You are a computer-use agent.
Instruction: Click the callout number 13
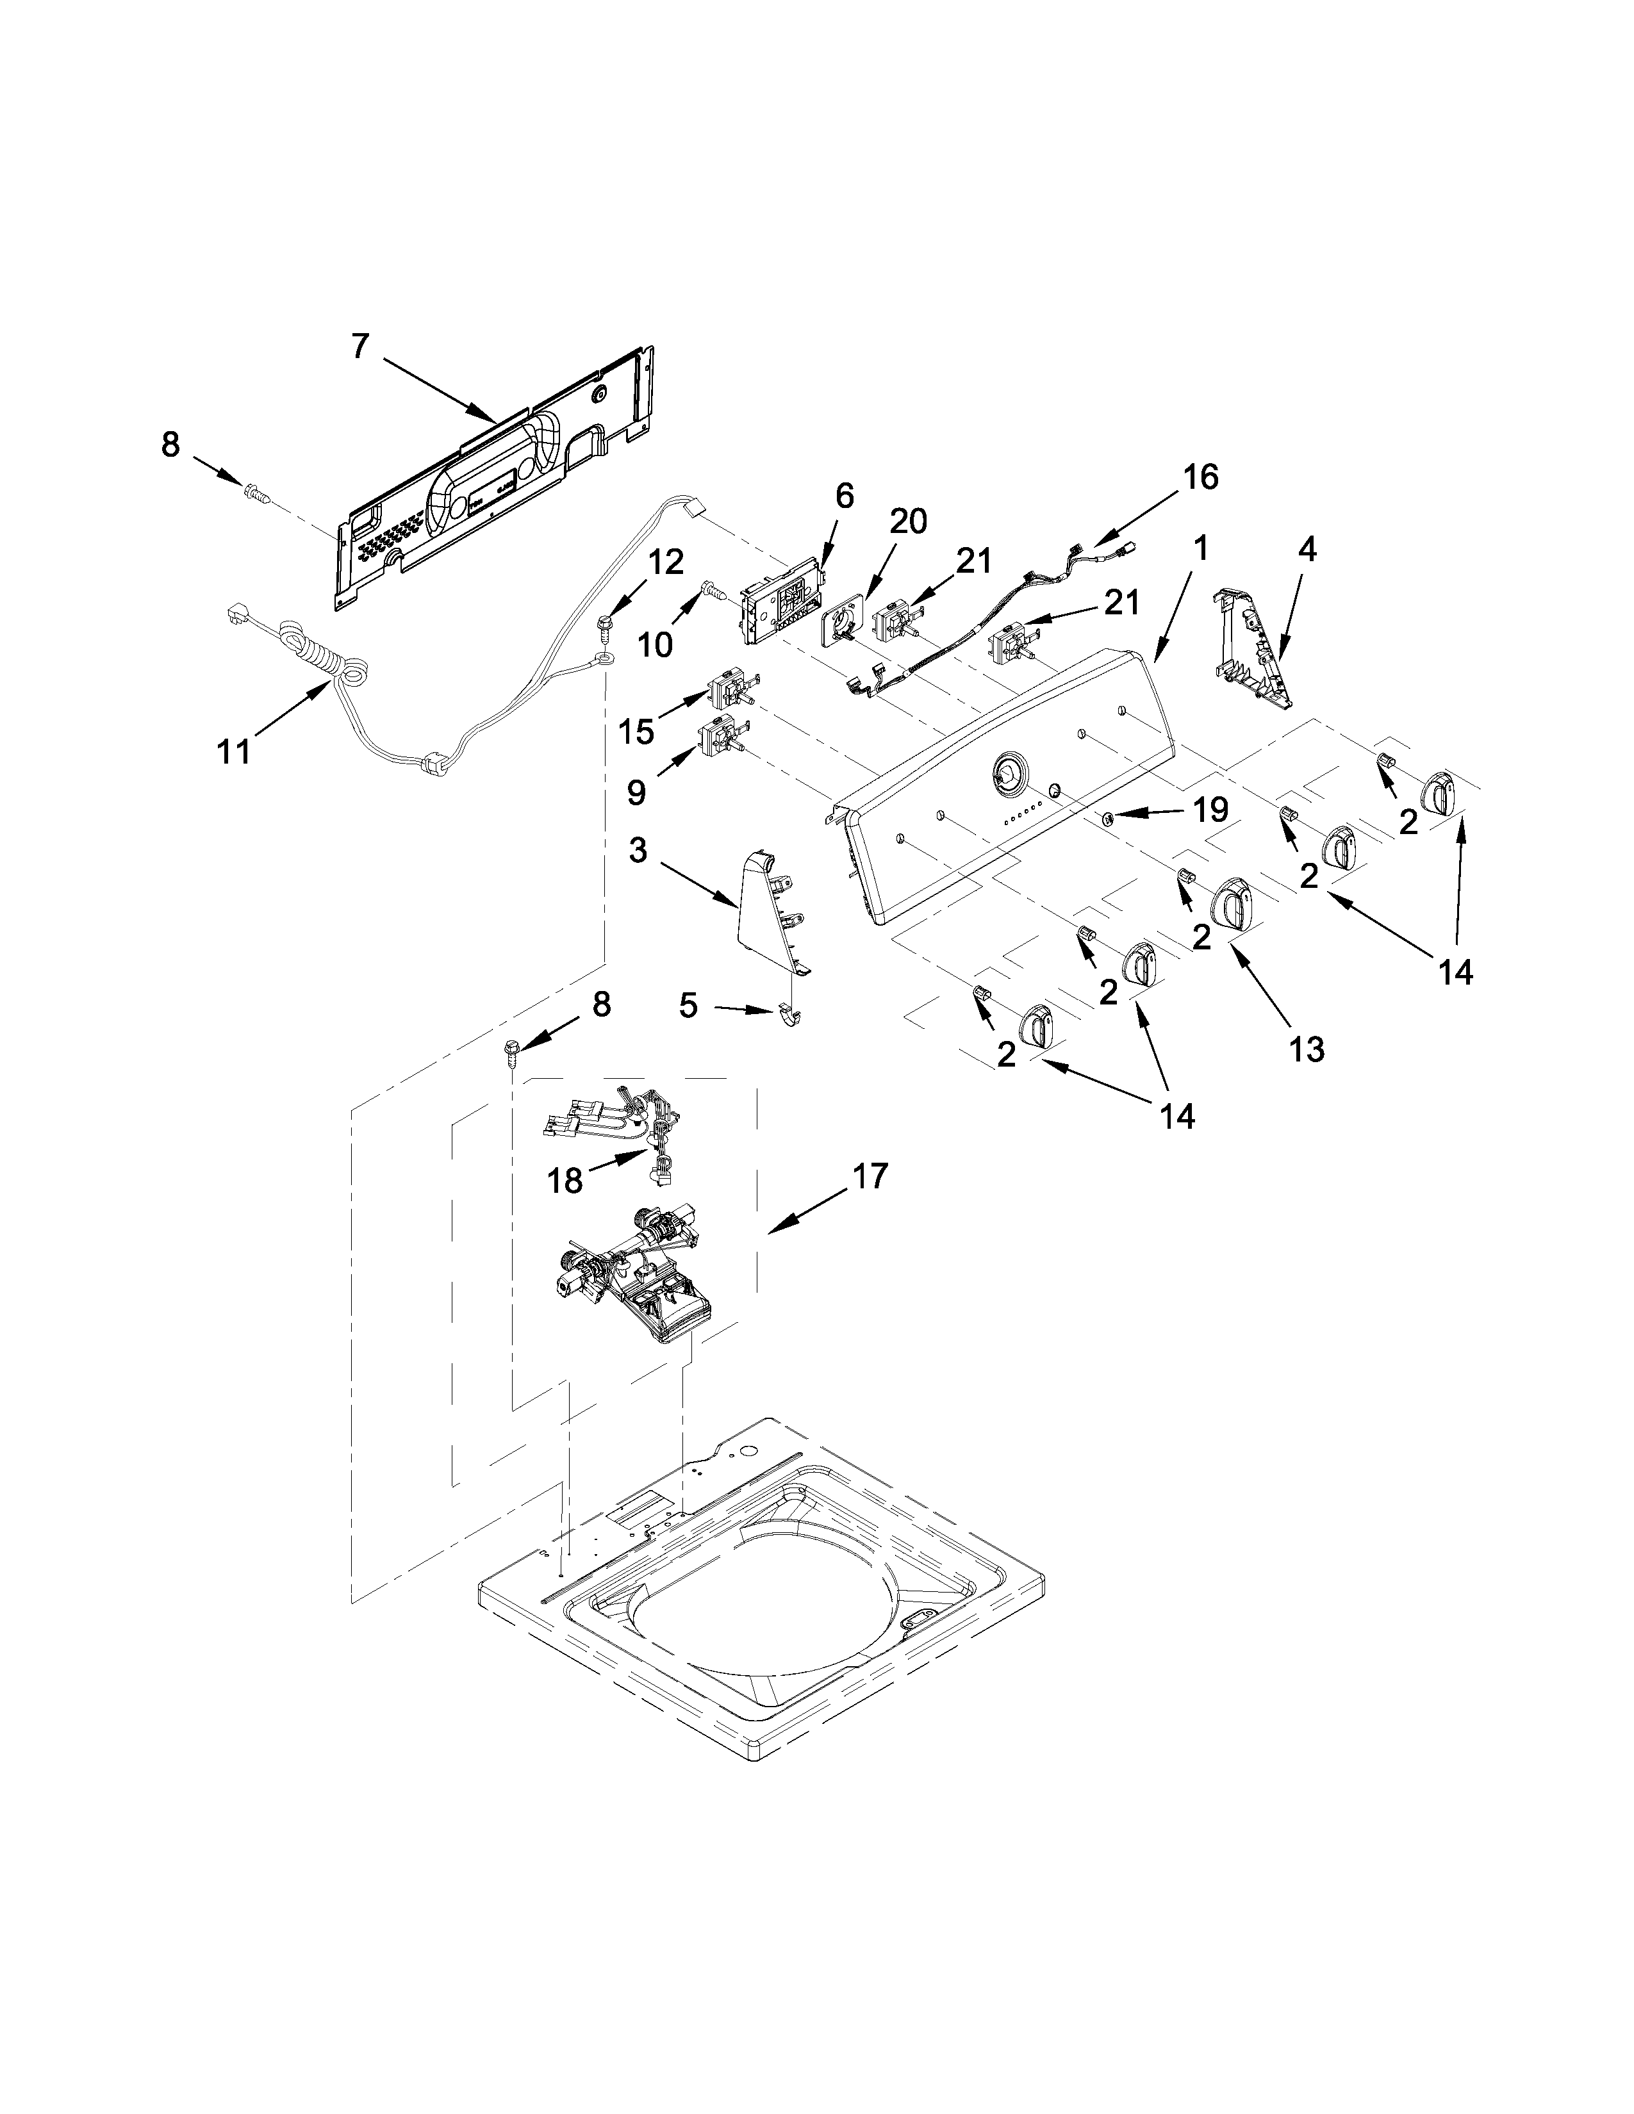tap(1306, 1048)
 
